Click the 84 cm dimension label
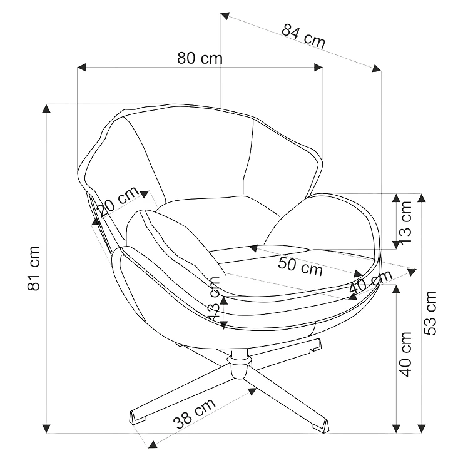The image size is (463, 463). [x=303, y=36]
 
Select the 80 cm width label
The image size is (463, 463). [x=200, y=58]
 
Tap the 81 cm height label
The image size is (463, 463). [x=34, y=268]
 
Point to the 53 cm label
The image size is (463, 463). [x=430, y=313]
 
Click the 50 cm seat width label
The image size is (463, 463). [x=300, y=266]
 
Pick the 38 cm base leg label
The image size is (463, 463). [x=194, y=414]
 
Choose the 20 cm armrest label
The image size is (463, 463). [x=118, y=201]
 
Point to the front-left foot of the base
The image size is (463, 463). [x=139, y=417]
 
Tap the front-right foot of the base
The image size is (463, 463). [x=320, y=425]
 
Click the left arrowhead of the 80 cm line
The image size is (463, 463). [x=81, y=68]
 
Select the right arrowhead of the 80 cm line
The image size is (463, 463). [x=318, y=68]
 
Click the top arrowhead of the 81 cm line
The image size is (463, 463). [x=46, y=108]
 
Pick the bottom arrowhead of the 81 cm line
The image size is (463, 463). [x=46, y=429]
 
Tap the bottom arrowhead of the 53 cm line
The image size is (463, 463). [x=421, y=429]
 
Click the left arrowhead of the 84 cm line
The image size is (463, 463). [x=225, y=16]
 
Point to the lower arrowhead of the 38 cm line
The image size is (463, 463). [x=153, y=444]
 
